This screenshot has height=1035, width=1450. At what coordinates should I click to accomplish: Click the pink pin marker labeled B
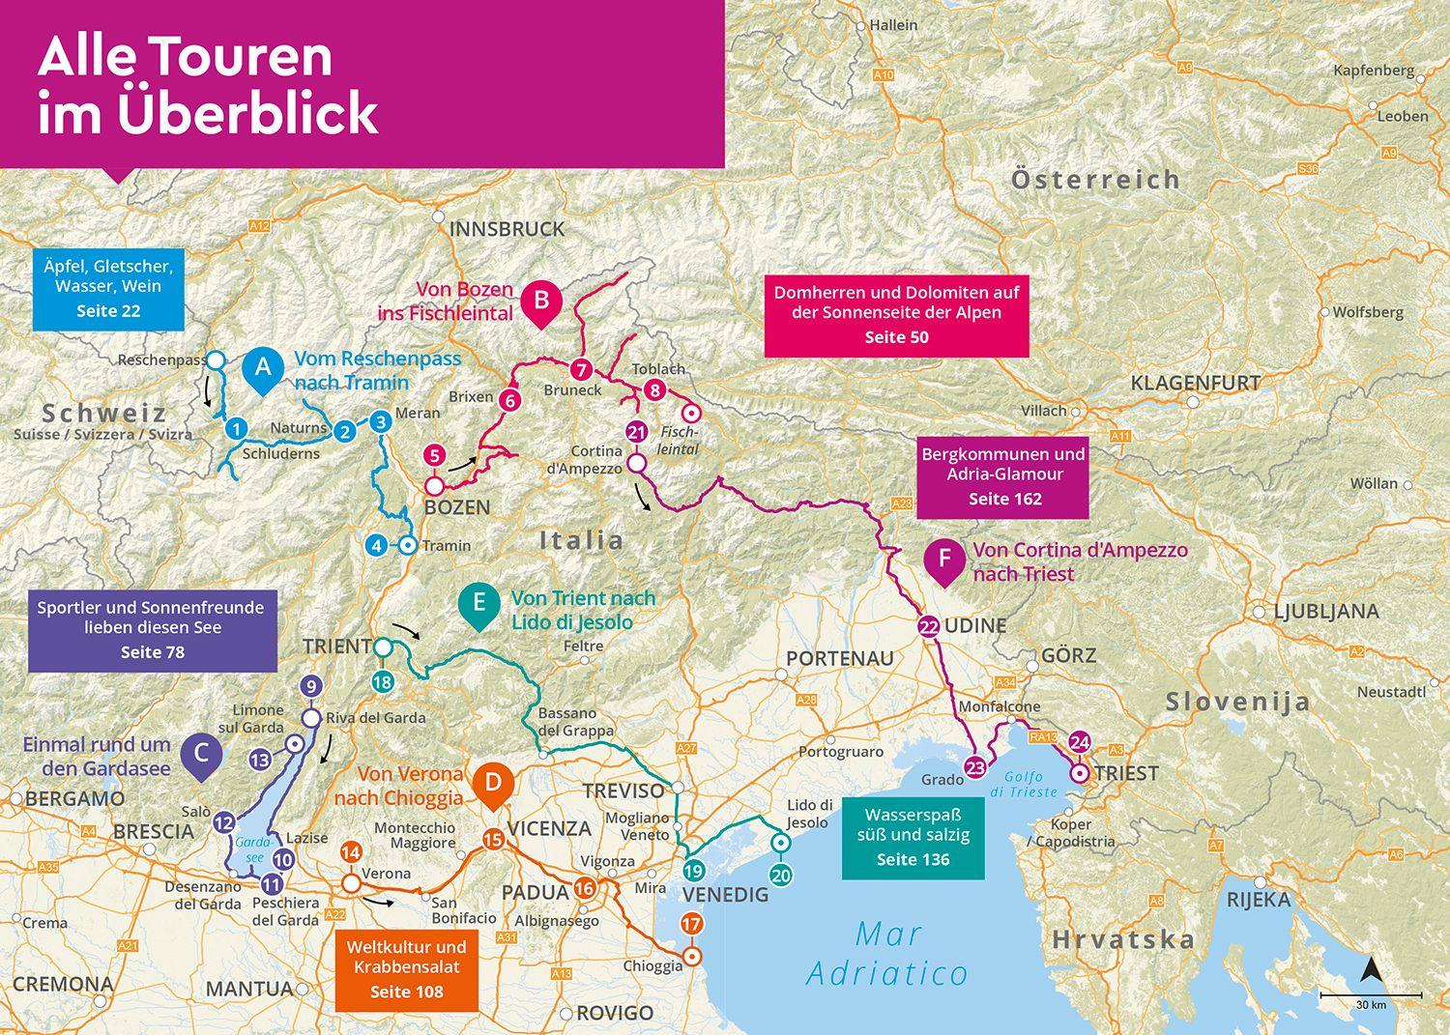(541, 301)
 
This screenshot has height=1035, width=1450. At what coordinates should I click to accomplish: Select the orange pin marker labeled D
(493, 782)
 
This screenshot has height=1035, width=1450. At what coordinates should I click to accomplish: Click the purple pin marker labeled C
(201, 754)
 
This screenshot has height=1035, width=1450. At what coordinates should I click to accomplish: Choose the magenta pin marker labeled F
(944, 561)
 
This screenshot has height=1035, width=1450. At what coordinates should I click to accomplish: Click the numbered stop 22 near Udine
(929, 627)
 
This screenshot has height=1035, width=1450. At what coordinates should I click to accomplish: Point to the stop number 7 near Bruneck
(580, 369)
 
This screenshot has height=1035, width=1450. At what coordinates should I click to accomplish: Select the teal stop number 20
(781, 874)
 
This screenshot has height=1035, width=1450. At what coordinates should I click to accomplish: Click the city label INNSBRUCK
(507, 229)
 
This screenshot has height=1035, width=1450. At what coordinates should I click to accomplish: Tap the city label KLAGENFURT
(1196, 383)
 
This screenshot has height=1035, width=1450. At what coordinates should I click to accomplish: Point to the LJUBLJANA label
(1326, 611)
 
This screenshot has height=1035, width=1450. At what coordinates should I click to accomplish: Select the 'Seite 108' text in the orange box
(406, 992)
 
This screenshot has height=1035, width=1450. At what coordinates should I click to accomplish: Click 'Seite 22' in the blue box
(108, 310)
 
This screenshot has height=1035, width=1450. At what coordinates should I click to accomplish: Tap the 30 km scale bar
(1371, 994)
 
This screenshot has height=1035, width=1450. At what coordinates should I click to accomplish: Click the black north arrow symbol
(1370, 969)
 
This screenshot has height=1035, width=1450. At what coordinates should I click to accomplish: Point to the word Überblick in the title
(246, 113)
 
